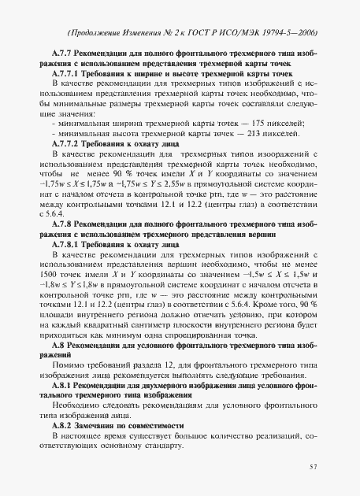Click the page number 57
point(313,467)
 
